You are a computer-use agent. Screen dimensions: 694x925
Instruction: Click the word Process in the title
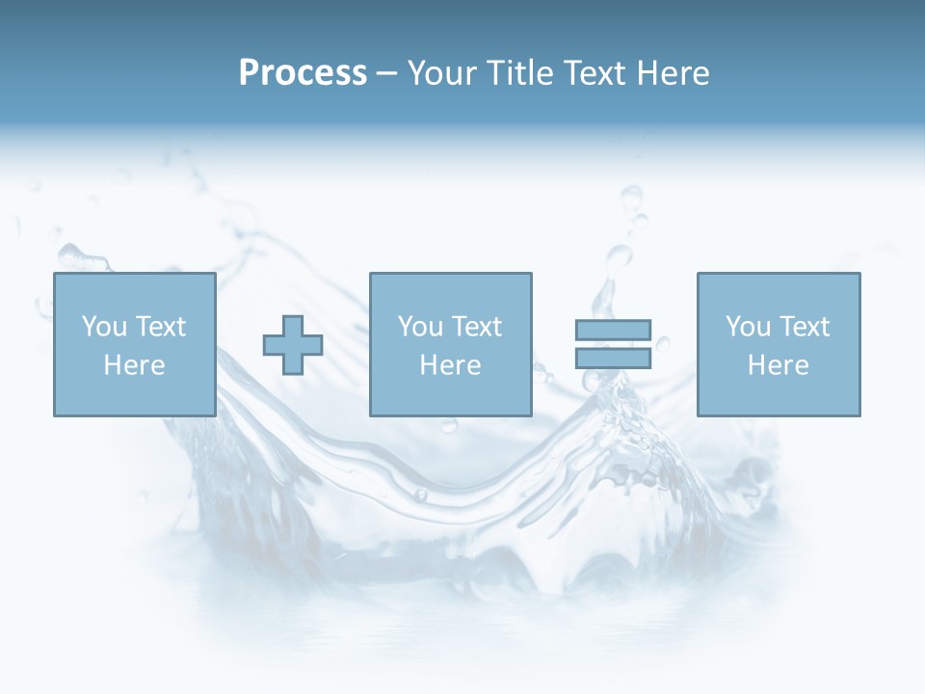tap(303, 73)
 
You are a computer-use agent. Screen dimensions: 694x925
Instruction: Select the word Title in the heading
tap(519, 73)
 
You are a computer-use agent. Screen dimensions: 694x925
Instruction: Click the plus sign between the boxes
tap(293, 345)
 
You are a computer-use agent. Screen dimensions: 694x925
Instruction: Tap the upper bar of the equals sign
tap(613, 330)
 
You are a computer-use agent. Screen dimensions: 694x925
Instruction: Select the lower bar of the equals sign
tap(613, 358)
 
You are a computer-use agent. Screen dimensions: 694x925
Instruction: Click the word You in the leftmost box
tap(105, 327)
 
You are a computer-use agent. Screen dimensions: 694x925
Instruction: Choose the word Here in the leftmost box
tap(134, 365)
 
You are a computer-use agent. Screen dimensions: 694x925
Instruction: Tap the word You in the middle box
tap(421, 327)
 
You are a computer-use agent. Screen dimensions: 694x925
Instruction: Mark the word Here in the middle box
tap(450, 365)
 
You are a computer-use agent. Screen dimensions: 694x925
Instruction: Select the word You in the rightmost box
tap(749, 327)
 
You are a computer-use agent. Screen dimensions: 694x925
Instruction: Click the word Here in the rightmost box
tap(778, 365)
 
